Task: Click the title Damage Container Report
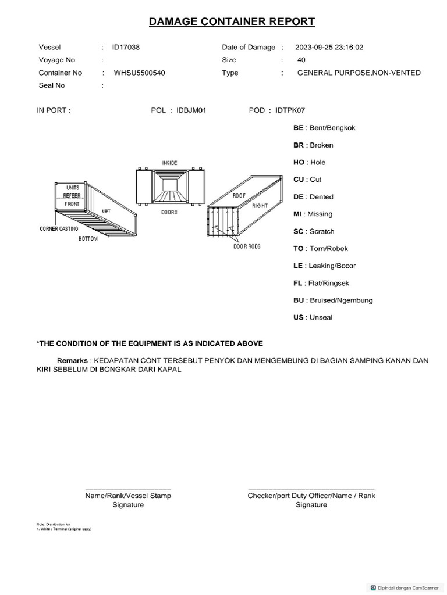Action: (x=232, y=22)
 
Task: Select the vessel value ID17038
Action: (x=126, y=47)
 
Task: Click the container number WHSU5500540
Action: (x=143, y=73)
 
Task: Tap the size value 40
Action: (x=301, y=60)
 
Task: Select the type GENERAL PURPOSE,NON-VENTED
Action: (x=359, y=73)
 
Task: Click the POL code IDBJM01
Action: (x=192, y=110)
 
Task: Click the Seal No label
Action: (x=52, y=85)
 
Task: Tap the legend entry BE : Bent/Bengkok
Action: (x=324, y=128)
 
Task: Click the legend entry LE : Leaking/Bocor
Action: (x=324, y=266)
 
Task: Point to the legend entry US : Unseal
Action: (x=313, y=317)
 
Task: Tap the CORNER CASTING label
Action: (x=58, y=229)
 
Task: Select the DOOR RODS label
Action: (x=247, y=246)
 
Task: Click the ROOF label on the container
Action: (x=239, y=196)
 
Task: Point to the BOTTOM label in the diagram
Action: (x=88, y=239)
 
